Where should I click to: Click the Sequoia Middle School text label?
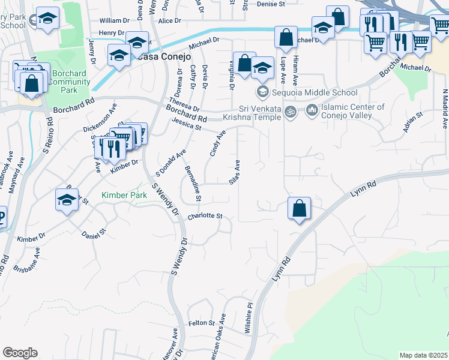[x=315, y=92]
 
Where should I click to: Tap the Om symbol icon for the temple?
[x=290, y=112]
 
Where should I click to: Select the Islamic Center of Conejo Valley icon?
[x=311, y=110]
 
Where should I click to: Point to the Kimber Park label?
[x=124, y=196]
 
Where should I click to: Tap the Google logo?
[x=20, y=353]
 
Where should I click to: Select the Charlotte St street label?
[x=205, y=216]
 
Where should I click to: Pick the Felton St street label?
[x=202, y=323]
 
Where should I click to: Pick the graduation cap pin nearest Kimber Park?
[x=67, y=200]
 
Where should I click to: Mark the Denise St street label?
[x=271, y=4]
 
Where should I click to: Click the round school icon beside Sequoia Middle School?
[x=262, y=92]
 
